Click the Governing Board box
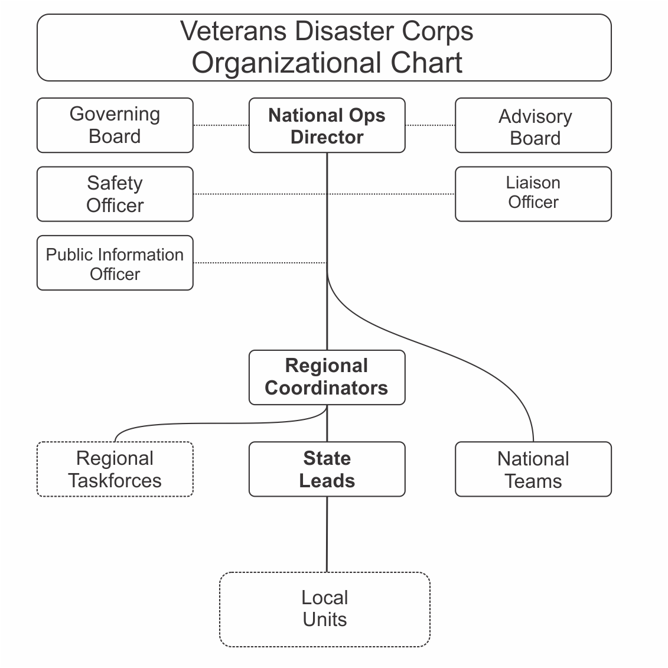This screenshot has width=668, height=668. coord(115,125)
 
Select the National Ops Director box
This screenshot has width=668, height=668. coord(327,125)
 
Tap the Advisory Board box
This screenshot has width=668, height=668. coord(533,125)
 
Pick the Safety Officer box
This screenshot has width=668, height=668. coord(115,194)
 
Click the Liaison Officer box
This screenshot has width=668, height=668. coord(533,194)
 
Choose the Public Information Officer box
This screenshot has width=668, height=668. coord(115,263)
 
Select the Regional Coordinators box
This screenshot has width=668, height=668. coord(327,377)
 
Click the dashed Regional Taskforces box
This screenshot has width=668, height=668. coord(115,469)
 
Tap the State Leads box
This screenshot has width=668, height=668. coord(327,469)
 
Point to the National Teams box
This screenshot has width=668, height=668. coord(533,469)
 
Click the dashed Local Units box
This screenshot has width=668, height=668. coord(324,609)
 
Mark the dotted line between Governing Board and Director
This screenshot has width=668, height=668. coord(221,125)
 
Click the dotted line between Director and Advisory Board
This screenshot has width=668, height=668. coord(430,125)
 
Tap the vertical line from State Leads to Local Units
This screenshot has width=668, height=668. coord(327,534)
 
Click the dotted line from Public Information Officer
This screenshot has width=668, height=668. coord(260,263)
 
